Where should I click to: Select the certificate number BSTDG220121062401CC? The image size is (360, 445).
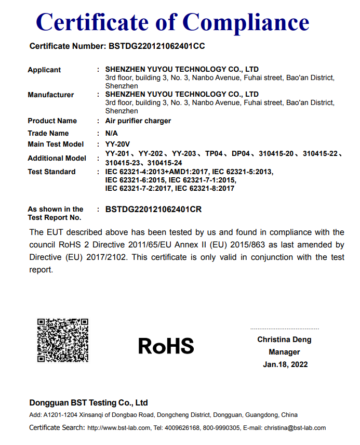point(157,46)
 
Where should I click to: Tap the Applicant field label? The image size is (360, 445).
point(44,70)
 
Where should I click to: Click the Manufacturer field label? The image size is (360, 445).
point(50,95)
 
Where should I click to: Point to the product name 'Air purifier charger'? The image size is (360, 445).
point(138,121)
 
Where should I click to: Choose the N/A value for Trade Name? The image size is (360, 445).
point(112,133)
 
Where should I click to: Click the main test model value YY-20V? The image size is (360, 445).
point(117,144)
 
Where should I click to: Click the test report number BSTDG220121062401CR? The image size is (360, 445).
point(153,210)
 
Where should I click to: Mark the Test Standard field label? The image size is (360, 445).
point(51,172)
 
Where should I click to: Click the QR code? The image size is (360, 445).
point(62,340)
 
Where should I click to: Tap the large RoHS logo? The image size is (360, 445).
point(166,346)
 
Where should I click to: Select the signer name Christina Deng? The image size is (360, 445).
point(284,339)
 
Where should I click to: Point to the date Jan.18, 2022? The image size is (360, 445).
point(285,364)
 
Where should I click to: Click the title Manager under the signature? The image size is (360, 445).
point(285,352)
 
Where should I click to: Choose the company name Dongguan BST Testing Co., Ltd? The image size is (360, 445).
point(88,402)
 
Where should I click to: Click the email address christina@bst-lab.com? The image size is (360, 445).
point(295,428)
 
